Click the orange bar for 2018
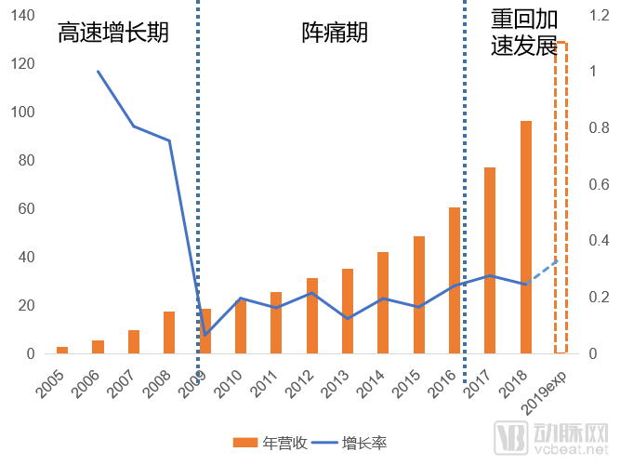(525, 237)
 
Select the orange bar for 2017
(490, 260)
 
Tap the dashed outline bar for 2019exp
(561, 197)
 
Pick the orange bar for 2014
(383, 302)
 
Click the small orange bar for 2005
(62, 350)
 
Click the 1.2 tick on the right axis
(600, 16)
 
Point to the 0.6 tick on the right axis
(600, 185)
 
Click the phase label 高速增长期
(112, 33)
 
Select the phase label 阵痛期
(335, 33)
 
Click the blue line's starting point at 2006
(99, 72)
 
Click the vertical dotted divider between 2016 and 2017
(465, 186)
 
